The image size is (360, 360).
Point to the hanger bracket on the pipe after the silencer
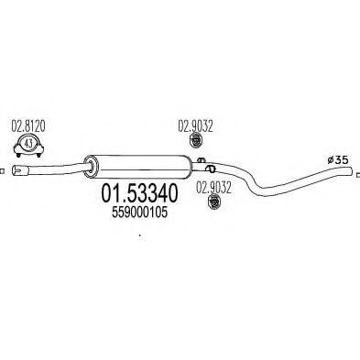tap(210, 169)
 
